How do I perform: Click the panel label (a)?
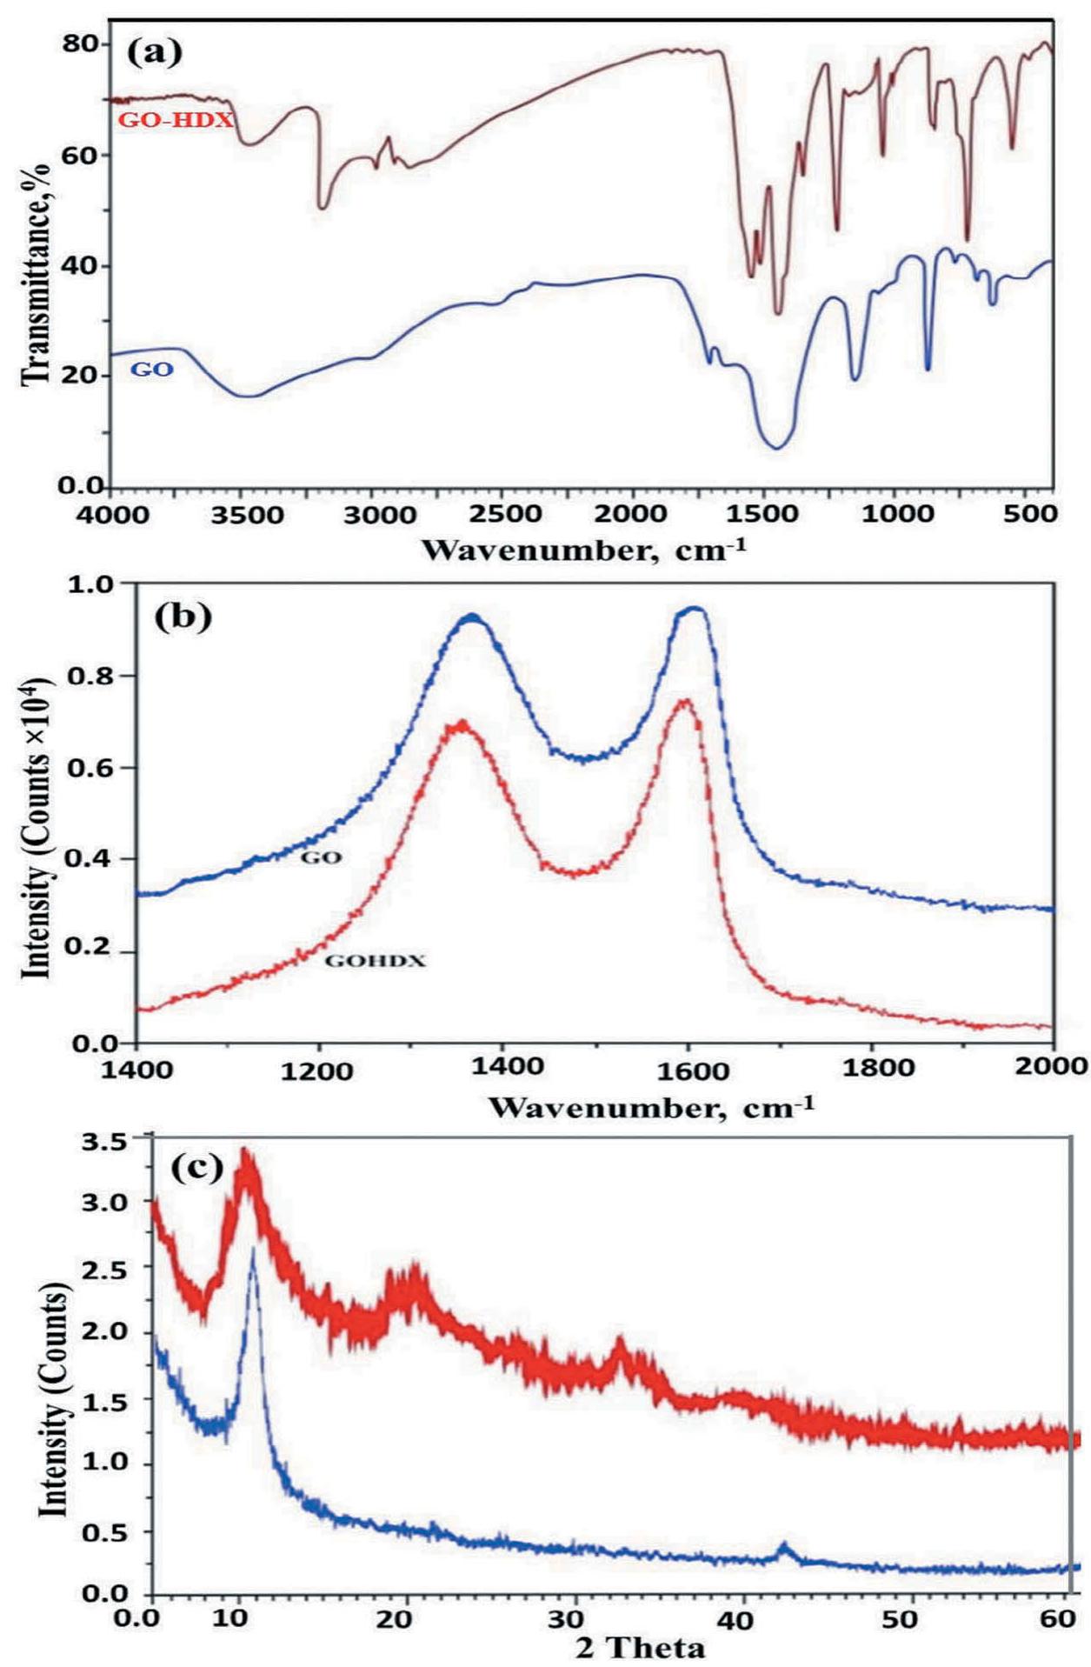click(x=156, y=52)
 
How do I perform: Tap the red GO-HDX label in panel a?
click(x=176, y=120)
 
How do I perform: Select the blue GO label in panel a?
click(x=151, y=370)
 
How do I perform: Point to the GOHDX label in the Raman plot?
click(x=375, y=962)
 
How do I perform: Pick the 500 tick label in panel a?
click(x=1031, y=514)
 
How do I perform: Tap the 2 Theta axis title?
click(x=640, y=1648)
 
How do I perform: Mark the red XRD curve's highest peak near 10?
click(x=246, y=1152)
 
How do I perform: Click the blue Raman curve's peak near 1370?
click(x=472, y=617)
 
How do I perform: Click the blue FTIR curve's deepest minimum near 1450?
click(x=777, y=448)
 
